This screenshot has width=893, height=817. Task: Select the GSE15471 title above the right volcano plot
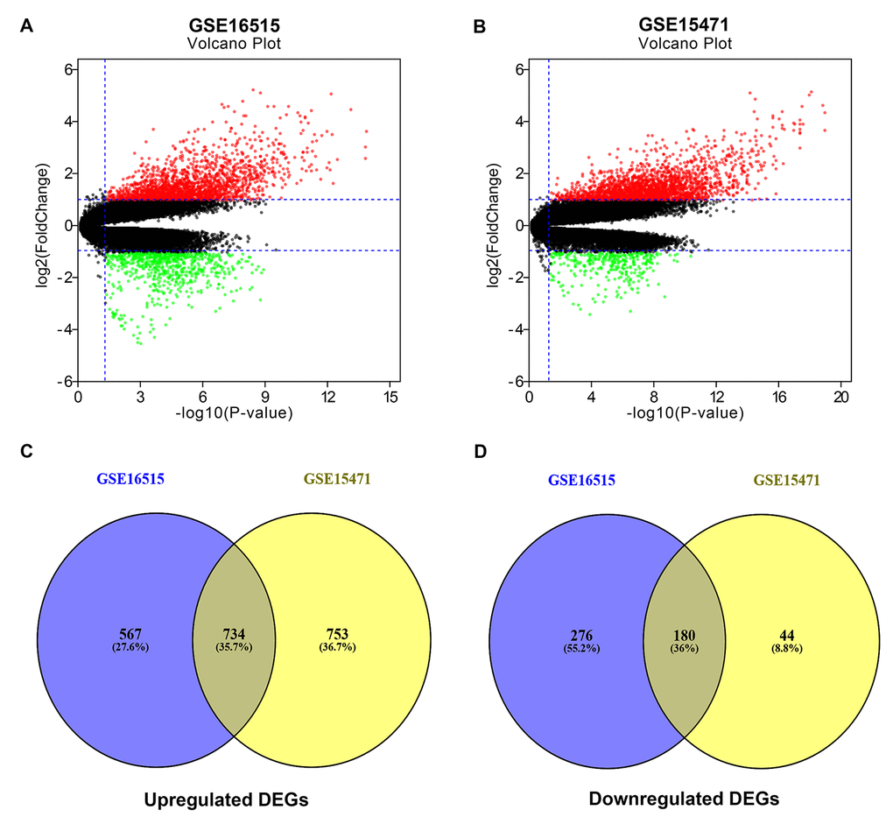(685, 25)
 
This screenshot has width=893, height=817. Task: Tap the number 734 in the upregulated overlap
(235, 632)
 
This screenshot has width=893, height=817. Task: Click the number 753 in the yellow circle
(336, 632)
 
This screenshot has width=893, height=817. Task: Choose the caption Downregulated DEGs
(685, 776)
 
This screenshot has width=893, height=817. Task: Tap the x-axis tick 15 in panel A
(390, 398)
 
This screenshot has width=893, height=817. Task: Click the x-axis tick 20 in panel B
(840, 398)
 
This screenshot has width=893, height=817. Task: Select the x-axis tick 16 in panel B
(777, 398)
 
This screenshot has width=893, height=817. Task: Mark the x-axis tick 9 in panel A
(265, 398)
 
